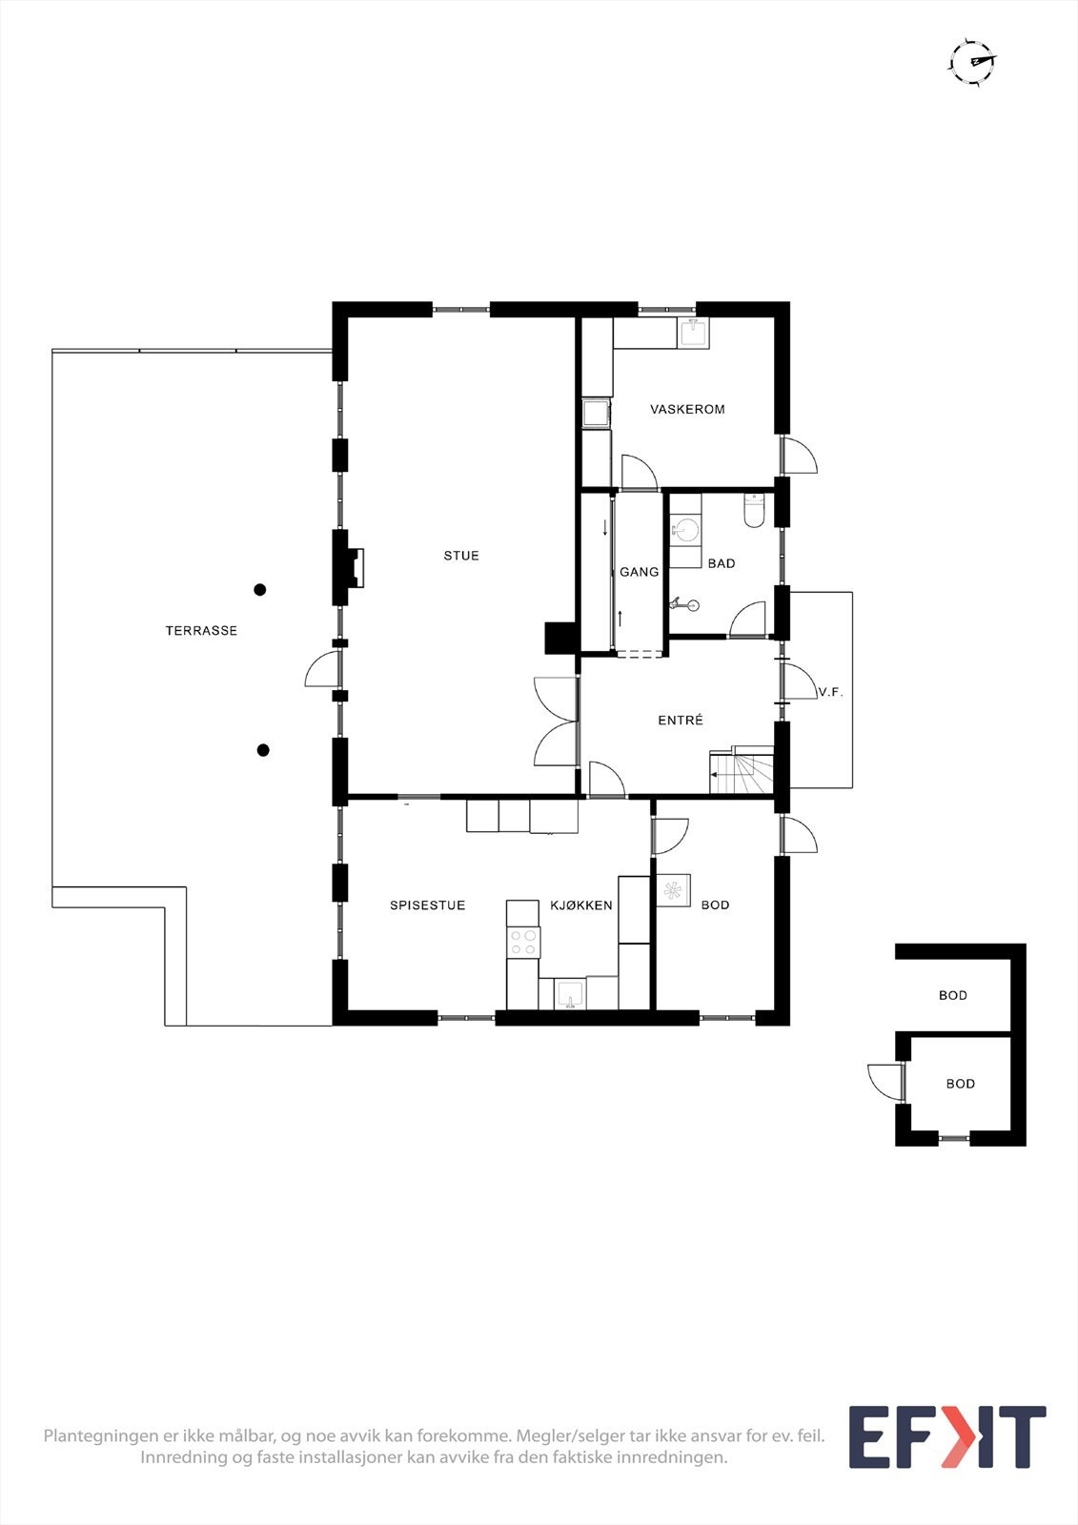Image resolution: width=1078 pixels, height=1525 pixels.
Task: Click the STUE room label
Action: (461, 556)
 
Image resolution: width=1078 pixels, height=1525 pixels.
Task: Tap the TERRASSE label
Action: (201, 631)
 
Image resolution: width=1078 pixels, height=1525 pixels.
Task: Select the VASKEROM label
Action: (687, 410)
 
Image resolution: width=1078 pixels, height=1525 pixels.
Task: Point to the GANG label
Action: (639, 572)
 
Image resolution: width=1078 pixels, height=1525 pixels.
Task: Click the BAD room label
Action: (722, 564)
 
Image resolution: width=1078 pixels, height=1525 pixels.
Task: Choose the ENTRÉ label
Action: (681, 721)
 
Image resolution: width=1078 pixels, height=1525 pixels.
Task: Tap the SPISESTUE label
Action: (427, 905)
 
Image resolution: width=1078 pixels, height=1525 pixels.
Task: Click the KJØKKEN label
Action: (581, 905)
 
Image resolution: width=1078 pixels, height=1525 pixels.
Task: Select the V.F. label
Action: (830, 693)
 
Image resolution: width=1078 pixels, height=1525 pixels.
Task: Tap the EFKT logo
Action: (946, 1437)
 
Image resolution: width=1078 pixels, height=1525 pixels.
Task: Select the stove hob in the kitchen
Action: (522, 943)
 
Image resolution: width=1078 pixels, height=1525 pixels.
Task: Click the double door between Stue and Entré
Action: (558, 722)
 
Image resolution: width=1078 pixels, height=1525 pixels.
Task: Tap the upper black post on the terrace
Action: (259, 590)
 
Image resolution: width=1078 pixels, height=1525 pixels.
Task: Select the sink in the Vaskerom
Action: (694, 334)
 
